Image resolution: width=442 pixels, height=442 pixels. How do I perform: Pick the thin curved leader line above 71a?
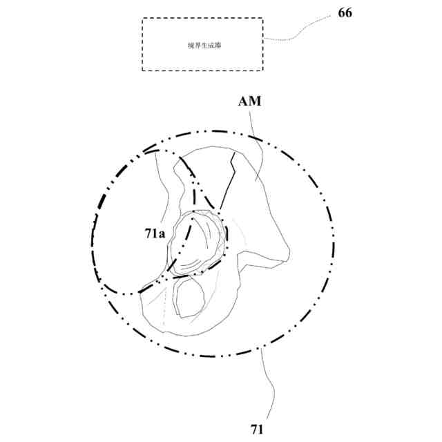click(163, 186)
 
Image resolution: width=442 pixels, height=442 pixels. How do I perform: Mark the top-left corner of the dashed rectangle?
click(143, 19)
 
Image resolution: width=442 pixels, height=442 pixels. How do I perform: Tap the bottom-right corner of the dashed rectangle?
click(262, 70)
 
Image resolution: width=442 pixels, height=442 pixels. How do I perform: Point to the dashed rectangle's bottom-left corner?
click(143, 70)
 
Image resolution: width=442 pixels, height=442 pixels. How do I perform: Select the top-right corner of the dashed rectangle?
click(262, 19)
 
